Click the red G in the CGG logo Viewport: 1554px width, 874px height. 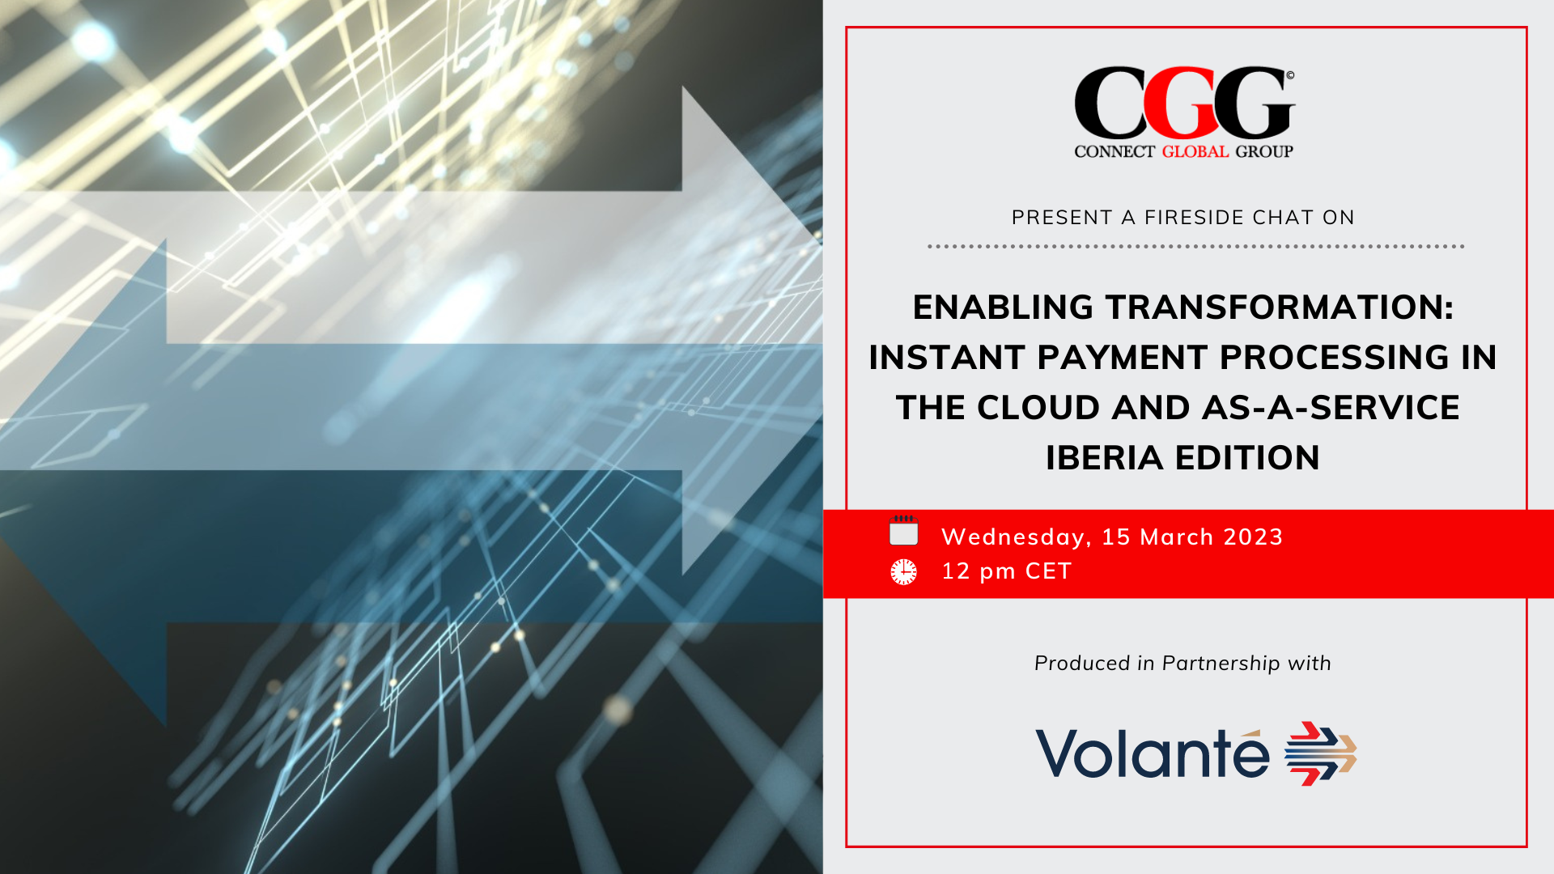tap(1183, 104)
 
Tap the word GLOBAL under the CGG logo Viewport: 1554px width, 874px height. tap(1195, 151)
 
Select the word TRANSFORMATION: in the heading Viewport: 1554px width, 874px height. tap(1280, 308)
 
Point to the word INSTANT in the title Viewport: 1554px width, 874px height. tap(947, 358)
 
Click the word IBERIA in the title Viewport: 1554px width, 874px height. tap(1105, 458)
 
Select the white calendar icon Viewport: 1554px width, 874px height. tap(903, 532)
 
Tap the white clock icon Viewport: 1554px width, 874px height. tap(903, 571)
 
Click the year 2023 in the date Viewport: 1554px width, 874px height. tap(1253, 537)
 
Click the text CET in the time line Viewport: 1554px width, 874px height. tap(1048, 571)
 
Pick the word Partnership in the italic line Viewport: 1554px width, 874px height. tap(1221, 664)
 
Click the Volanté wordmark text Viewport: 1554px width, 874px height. tap(1153, 754)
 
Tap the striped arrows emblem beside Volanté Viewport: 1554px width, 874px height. tap(1320, 753)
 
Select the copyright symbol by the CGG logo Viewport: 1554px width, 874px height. tap(1290, 75)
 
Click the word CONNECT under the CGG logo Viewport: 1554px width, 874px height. tap(1114, 151)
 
